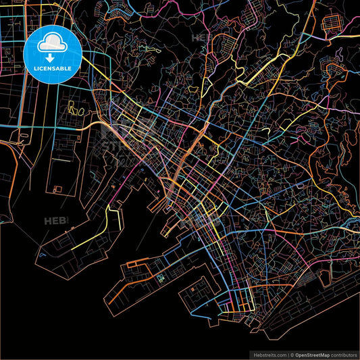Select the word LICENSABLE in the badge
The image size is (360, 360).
click(52, 69)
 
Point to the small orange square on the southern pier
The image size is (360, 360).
click(161, 278)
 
